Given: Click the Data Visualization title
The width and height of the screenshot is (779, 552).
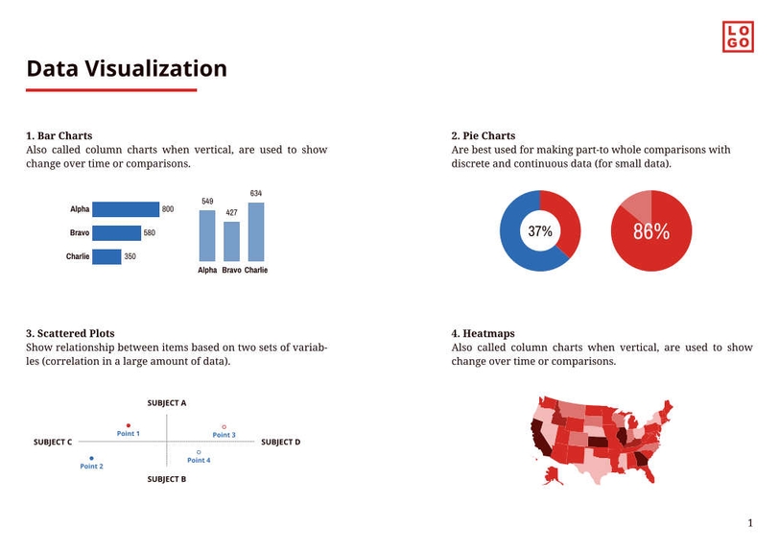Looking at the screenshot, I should tap(127, 69).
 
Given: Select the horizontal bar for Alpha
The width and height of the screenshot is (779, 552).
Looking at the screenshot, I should tap(127, 209).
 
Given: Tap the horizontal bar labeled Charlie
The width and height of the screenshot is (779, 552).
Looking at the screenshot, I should tap(107, 256).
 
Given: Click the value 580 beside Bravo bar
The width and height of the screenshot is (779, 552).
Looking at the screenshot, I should tap(150, 233).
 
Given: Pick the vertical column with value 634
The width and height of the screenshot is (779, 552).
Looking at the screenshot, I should tap(256, 231).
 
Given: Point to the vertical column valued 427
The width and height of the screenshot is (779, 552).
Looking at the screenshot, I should tap(231, 241).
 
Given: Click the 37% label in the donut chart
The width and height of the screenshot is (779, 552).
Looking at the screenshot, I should tap(540, 231).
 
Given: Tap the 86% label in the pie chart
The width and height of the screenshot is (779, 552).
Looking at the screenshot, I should tap(651, 231).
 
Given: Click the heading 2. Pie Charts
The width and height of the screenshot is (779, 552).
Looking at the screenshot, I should tap(483, 136).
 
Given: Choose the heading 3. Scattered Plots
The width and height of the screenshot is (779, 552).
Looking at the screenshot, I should tap(70, 334).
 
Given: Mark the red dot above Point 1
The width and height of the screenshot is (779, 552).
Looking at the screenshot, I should tap(129, 424).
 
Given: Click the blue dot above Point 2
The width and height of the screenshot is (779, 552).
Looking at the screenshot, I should tap(91, 458).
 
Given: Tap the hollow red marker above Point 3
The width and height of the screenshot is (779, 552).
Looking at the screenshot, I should tap(224, 426).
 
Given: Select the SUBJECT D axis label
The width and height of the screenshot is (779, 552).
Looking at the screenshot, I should tap(280, 443).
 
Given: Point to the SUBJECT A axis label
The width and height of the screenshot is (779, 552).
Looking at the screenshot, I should tap(167, 403).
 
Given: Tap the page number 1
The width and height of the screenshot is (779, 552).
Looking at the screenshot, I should tap(750, 523).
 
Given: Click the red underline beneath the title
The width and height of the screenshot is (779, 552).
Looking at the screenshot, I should tap(111, 90).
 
